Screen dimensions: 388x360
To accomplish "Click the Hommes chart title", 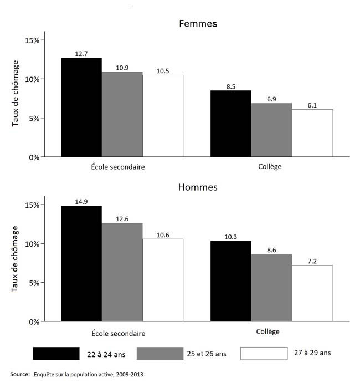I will (198, 187).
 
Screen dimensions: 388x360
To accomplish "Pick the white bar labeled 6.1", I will (312, 133).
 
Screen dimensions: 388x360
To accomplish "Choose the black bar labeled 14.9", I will (81, 263).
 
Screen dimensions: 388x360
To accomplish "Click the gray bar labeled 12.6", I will (122, 272).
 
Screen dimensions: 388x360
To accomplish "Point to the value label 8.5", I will (230, 86).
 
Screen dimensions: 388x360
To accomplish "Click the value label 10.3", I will (230, 237).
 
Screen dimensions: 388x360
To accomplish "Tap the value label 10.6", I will (163, 234).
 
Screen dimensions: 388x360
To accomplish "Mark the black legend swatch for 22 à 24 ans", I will (56, 353).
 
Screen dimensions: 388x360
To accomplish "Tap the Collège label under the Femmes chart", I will (270, 167).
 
